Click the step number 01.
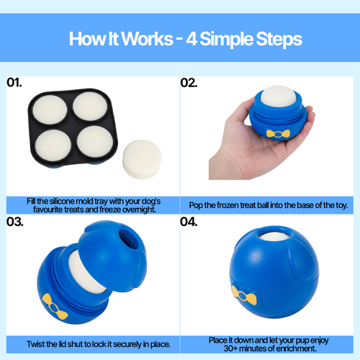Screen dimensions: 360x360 click(x=14, y=83)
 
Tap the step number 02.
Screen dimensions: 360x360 click(x=189, y=83)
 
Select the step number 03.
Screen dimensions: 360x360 click(x=15, y=222)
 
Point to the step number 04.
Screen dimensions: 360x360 click(x=189, y=222)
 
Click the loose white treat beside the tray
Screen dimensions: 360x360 click(x=142, y=159)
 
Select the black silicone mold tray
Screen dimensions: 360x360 click(x=73, y=127)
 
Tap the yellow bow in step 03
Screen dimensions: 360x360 click(x=55, y=307)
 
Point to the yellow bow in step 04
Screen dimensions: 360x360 click(x=244, y=295)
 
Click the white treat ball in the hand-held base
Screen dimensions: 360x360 click(x=278, y=95)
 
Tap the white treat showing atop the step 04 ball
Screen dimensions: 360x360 click(x=274, y=236)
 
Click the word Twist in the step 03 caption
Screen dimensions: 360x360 click(x=35, y=344)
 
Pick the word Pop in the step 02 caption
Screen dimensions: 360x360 click(x=196, y=205)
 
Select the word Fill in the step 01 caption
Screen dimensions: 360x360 click(x=31, y=201)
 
